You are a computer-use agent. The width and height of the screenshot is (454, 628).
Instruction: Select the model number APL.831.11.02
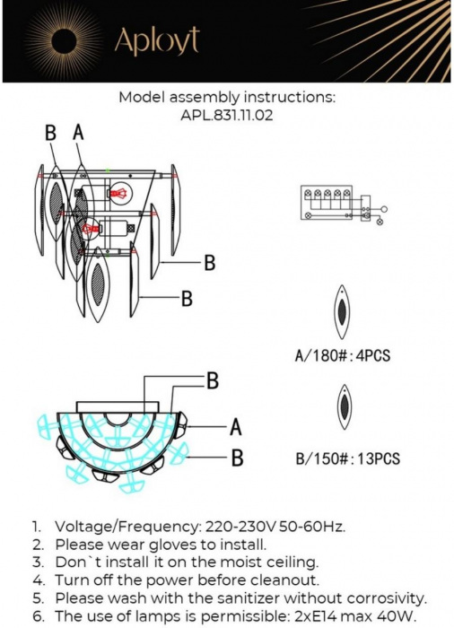pyautogui.click(x=226, y=116)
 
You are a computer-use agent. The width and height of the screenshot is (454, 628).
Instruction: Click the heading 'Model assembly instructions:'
pyautogui.click(x=227, y=98)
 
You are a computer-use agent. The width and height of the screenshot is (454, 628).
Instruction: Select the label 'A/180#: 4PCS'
pyautogui.click(x=343, y=356)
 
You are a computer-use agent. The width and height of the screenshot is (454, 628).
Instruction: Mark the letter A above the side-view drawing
pyautogui.click(x=79, y=133)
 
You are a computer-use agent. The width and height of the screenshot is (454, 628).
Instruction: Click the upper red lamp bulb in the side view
pyautogui.click(x=118, y=192)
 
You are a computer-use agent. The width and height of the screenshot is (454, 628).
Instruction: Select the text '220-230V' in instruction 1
pyautogui.click(x=238, y=527)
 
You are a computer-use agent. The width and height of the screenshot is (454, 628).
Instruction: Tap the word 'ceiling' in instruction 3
pyautogui.click(x=292, y=563)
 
